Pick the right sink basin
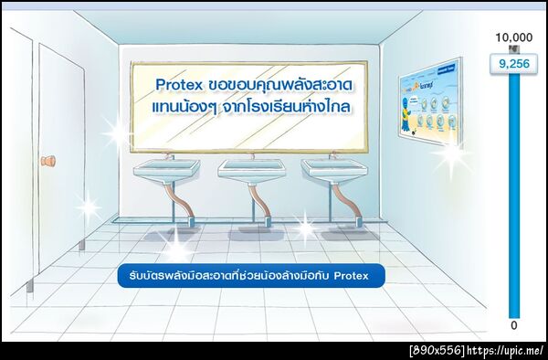[330, 169]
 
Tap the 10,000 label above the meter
[513, 37]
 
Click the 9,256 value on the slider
[512, 64]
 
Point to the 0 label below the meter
[513, 324]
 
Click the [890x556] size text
[437, 351]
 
